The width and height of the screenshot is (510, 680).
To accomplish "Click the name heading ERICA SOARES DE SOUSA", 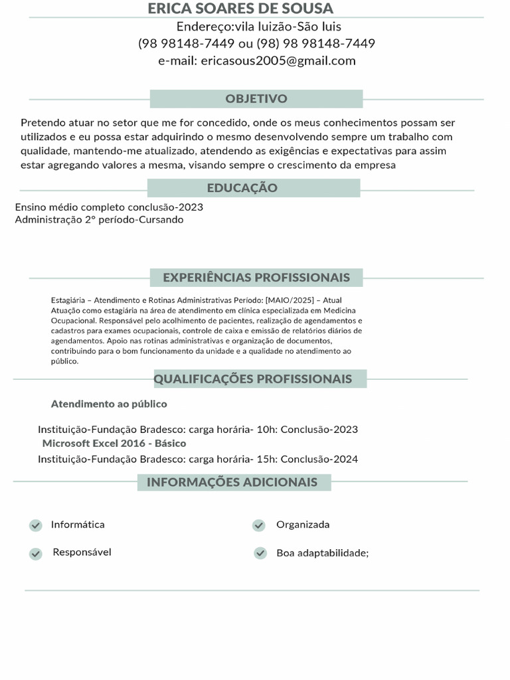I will pos(240,9).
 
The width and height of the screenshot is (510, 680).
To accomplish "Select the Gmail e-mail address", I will pos(278,61).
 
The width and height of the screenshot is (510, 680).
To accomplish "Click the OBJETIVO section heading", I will pos(256,99).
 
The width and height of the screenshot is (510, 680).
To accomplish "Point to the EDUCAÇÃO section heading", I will pos(242,188).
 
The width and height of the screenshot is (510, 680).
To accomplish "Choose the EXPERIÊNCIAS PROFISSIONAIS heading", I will pos(256,277).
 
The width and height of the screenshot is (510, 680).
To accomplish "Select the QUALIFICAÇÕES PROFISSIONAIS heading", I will pos(253,379).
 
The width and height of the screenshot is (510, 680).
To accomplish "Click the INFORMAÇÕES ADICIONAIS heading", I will pos(232,482).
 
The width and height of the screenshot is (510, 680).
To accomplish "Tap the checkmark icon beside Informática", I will pos(36,525).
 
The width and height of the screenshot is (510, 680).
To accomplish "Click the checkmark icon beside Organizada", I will pos(259,525).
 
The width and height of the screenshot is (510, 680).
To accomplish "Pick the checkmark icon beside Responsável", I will pos(36,553).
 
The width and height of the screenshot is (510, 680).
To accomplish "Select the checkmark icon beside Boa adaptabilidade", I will pos(260,553).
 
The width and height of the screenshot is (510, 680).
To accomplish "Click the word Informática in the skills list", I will pos(78,525).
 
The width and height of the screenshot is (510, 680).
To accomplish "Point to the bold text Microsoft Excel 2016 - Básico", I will pos(114,443).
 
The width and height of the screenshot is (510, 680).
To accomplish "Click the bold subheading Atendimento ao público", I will pos(109,404).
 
